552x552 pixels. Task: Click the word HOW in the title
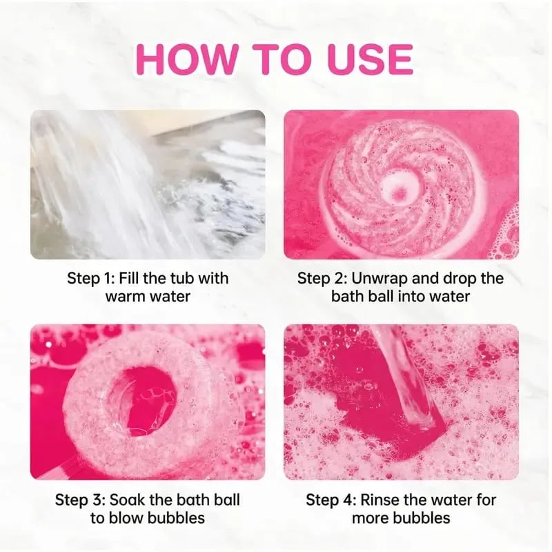[186, 59]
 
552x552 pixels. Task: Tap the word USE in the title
[370, 59]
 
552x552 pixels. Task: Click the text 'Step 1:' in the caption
[90, 279]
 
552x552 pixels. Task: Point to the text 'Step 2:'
[322, 279]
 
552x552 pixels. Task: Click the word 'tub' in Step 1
[182, 279]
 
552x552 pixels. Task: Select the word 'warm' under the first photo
[125, 297]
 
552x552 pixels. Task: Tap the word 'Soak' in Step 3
[127, 500]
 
